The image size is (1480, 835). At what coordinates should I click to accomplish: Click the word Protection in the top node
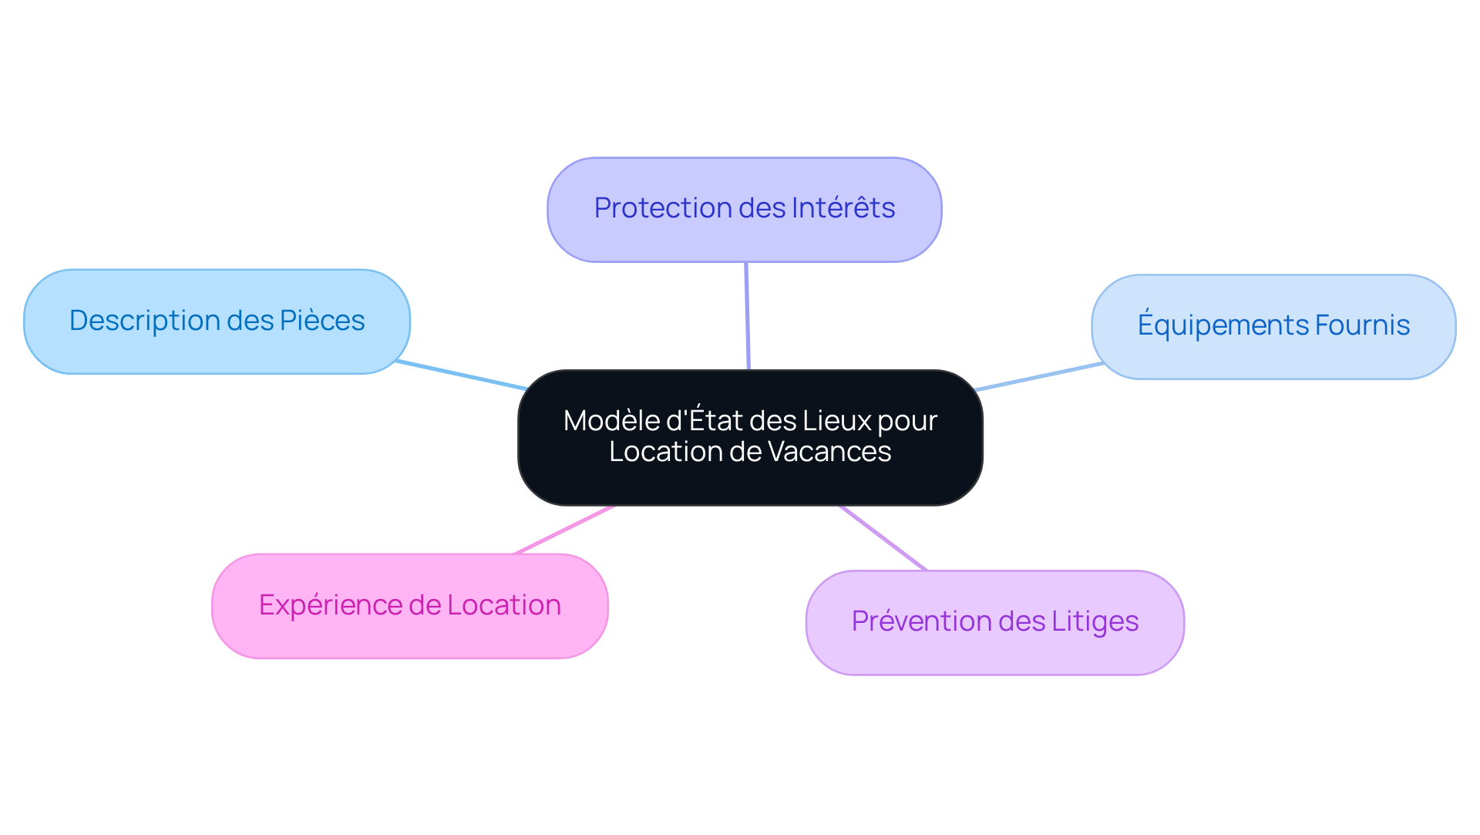pyautogui.click(x=652, y=208)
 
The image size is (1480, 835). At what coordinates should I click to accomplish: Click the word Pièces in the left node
pyautogui.click(x=322, y=321)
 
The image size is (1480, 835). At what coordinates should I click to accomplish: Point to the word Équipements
pyautogui.click(x=1223, y=325)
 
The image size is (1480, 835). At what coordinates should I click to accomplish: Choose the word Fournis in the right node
pyautogui.click(x=1362, y=325)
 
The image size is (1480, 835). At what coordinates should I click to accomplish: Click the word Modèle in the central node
pyautogui.click(x=611, y=421)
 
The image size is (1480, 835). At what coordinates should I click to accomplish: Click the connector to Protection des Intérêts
pyautogui.click(x=747, y=316)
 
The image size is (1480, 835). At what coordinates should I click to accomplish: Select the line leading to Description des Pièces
pyautogui.click(x=461, y=375)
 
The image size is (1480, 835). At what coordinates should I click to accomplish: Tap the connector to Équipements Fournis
pyautogui.click(x=1039, y=376)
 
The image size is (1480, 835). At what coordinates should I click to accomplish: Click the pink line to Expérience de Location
pyautogui.click(x=564, y=530)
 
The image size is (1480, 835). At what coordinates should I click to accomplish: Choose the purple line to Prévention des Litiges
pyautogui.click(x=883, y=538)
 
